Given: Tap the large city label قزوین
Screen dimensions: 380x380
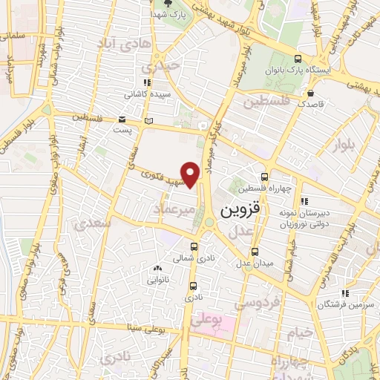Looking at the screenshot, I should (241, 211).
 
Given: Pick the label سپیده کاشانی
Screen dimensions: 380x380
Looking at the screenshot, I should (140, 95).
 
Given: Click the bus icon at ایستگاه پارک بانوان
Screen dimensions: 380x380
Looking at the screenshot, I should (298, 60).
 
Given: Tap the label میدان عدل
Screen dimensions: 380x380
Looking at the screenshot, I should (255, 263).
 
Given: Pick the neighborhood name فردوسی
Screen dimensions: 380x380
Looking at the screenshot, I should (256, 303).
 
